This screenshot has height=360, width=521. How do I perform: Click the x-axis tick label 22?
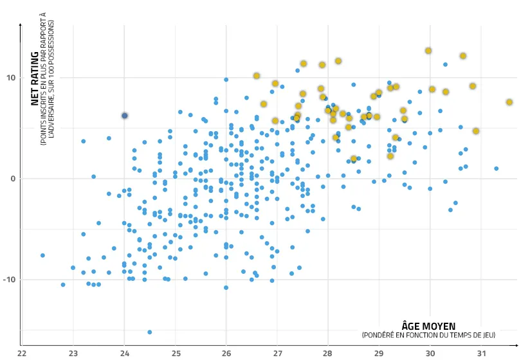pyautogui.click(x=22, y=353)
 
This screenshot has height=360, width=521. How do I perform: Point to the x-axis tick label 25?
pyautogui.click(x=175, y=353)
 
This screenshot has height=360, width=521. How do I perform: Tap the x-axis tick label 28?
pyautogui.click(x=328, y=353)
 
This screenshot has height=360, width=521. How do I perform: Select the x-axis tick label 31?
pyautogui.click(x=481, y=353)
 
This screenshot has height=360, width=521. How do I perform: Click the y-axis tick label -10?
pyautogui.click(x=10, y=280)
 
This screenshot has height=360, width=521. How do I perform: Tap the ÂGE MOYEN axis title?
pyautogui.click(x=428, y=326)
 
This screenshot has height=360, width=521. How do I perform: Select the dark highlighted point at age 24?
pyautogui.click(x=125, y=116)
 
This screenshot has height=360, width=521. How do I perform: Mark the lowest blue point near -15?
pyautogui.click(x=150, y=332)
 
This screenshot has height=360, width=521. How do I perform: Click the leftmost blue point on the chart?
pyautogui.click(x=42, y=255)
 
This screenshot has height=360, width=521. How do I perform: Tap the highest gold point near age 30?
pyautogui.click(x=428, y=51)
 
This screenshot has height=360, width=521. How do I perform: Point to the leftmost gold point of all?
pyautogui.click(x=257, y=76)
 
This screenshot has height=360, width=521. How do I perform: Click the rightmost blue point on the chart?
pyautogui.click(x=497, y=168)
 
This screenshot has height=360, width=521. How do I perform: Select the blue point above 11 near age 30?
pyautogui.click(x=445, y=64)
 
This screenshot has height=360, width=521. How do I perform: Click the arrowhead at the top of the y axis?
pyautogui.click(x=22, y=25)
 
